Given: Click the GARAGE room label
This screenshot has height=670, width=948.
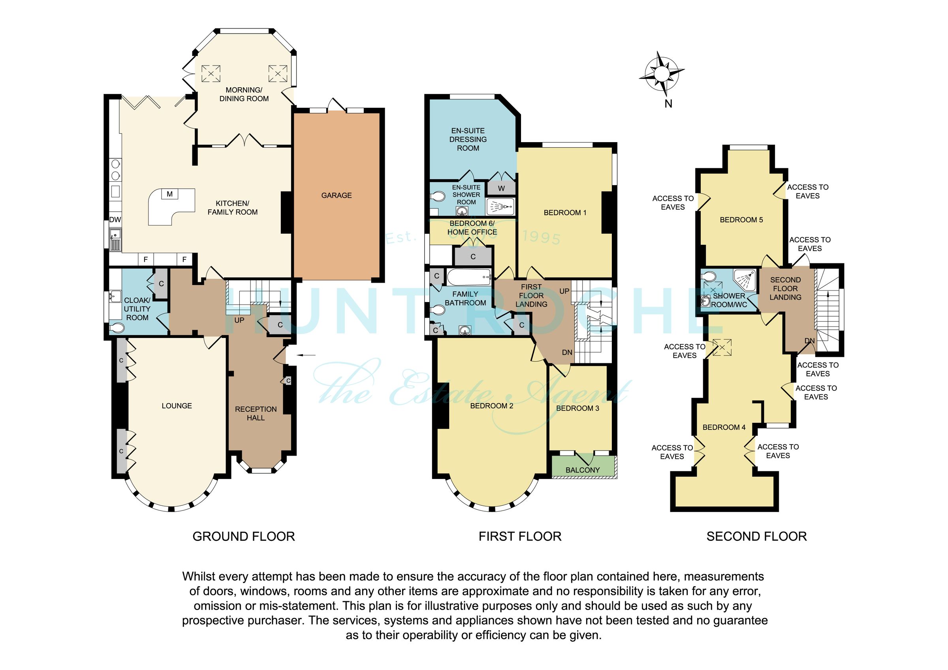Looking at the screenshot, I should point(336,195).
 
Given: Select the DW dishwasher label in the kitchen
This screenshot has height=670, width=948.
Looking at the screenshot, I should point(115,220).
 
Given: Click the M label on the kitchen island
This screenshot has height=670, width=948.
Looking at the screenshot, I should point(170,194).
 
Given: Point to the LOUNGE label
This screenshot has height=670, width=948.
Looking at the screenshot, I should point(176,406).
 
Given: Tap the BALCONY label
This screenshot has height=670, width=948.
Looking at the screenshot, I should point(582,470).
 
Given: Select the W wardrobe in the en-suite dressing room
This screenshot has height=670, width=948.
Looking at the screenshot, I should point(501,189).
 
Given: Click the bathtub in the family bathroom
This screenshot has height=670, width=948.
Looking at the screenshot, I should point(468,278).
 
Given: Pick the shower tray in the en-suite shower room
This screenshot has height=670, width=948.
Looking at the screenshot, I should point(500,206).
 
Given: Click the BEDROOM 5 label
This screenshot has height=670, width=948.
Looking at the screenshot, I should point(741,220).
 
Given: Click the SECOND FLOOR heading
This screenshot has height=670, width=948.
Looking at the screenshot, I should point(756,536).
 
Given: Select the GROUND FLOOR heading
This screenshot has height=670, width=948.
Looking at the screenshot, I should point(244,536).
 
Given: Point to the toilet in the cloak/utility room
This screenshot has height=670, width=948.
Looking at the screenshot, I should point(117,328).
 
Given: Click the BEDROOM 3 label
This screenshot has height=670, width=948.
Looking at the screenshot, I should point(577,408).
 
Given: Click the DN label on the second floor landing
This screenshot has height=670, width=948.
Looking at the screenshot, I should point(809,341).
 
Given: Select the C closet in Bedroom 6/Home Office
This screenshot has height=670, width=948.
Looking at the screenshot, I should point(473,256).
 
